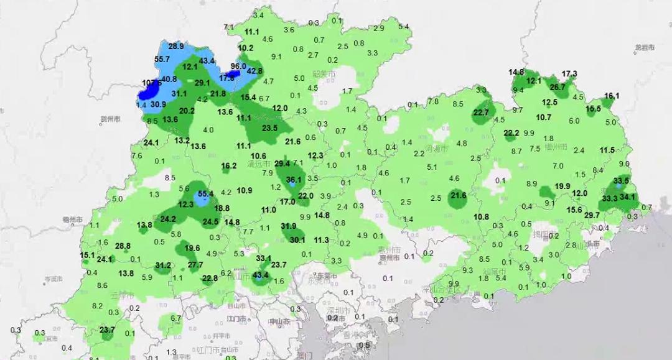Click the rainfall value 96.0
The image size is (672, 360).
coord(238,66)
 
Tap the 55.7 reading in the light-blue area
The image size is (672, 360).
coord(162,59)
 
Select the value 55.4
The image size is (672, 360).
coord(205,194)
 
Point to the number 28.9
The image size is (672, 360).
coord(176,46)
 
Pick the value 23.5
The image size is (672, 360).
coord(270,128)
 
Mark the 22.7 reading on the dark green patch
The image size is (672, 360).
coord(481,113)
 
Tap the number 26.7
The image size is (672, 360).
coord(558,87)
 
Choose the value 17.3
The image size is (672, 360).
coord(569,74)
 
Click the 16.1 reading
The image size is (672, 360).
coord(612,96)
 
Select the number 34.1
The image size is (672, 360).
coord(627,197)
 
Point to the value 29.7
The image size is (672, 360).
coord(592,215)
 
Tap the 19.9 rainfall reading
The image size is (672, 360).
coord(562,186)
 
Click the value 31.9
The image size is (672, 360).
coord(289,226)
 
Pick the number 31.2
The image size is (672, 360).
coord(163,265)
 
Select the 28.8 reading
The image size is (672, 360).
coord(123,246)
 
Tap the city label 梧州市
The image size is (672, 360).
coord(73,219)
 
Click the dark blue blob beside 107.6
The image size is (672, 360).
coord(148,92)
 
